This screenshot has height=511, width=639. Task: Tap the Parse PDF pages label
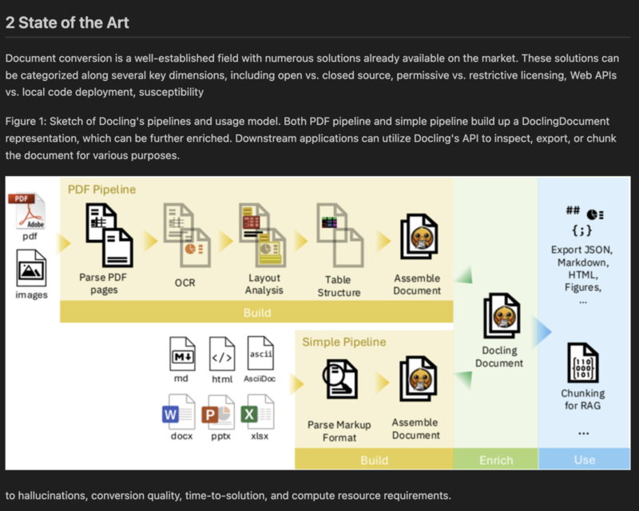coord(104,283)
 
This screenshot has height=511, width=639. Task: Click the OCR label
coord(185,282)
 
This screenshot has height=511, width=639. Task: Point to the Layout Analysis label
coord(264,284)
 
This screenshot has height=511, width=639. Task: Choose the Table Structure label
coord(339,286)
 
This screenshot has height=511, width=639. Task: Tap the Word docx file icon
coord(177,413)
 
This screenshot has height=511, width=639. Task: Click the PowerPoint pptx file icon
coord(217,413)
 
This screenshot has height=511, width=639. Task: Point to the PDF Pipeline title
coord(103,190)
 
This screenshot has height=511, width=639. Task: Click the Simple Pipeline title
coord(343,342)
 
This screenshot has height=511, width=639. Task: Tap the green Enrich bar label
coord(495,460)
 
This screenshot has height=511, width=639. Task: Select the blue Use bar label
coord(584,460)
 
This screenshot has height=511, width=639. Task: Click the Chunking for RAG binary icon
coord(582,362)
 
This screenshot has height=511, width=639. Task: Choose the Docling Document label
coord(499,357)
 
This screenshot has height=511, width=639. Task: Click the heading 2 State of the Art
coord(67,22)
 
